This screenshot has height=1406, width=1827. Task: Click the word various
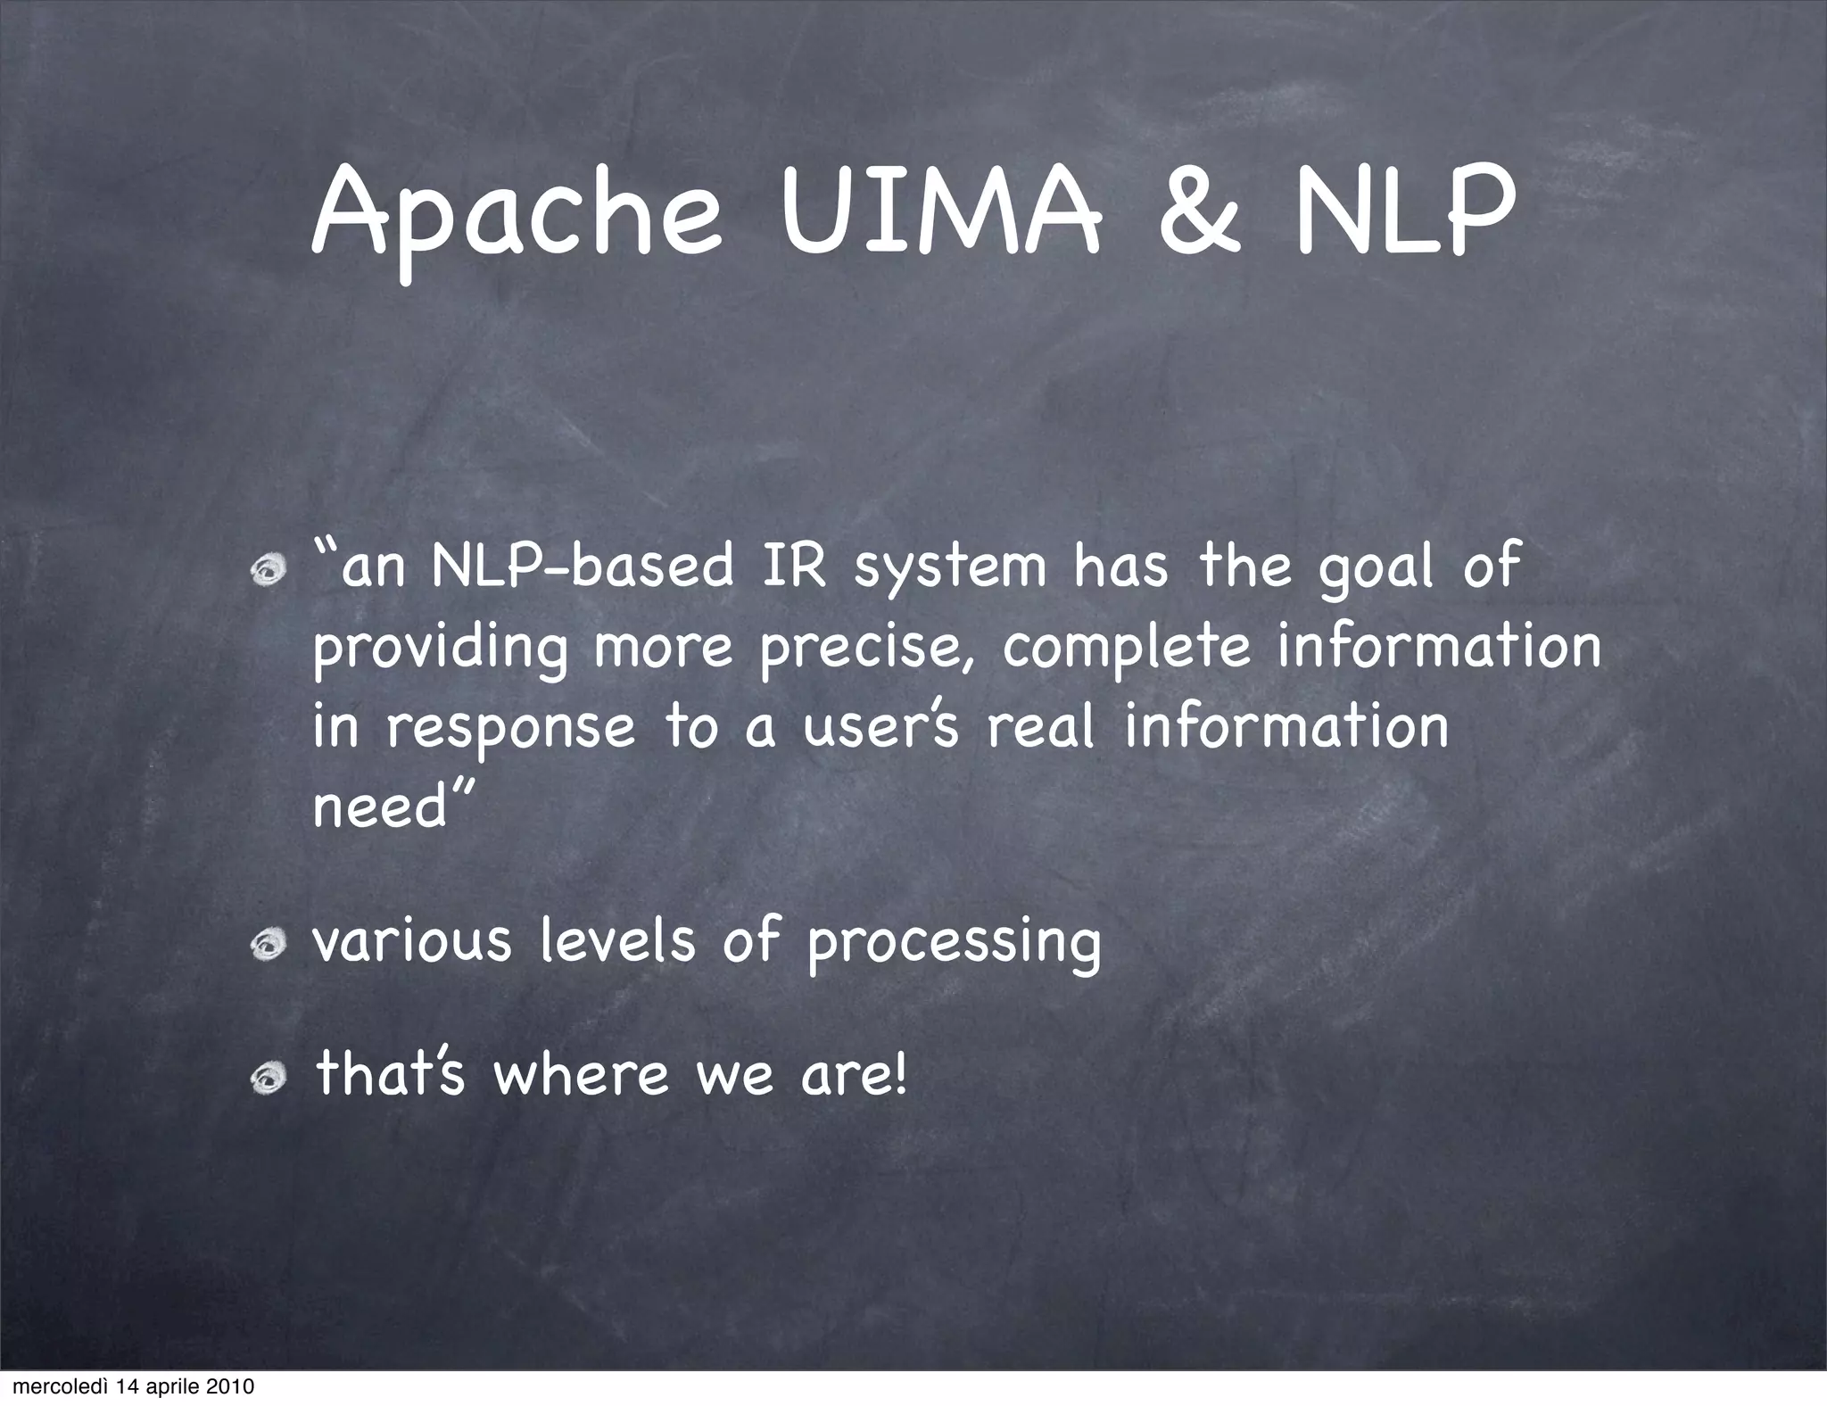coord(412,942)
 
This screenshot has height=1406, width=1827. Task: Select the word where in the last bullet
coord(581,1076)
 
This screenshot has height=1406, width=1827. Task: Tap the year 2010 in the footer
coord(230,1387)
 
